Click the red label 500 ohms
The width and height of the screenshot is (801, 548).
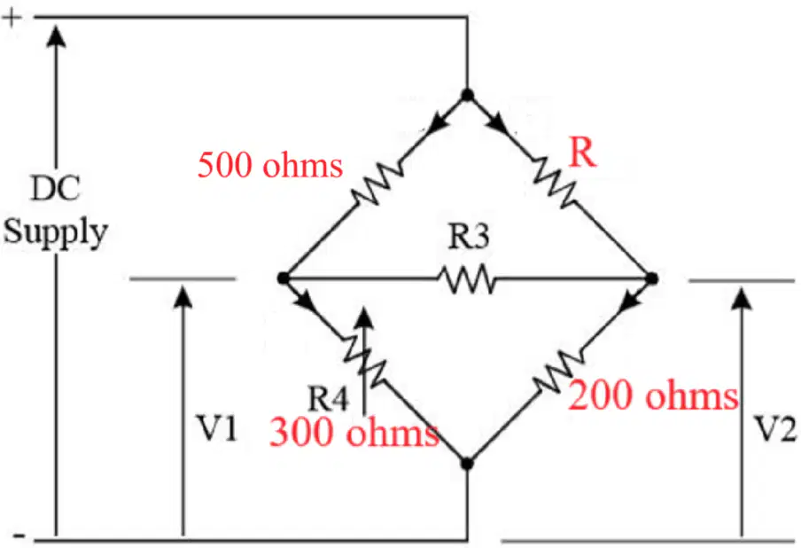pyautogui.click(x=269, y=165)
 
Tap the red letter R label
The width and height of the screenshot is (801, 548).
pyautogui.click(x=582, y=153)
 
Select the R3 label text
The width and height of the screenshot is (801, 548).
pyautogui.click(x=469, y=236)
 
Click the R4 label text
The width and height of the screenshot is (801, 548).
pyautogui.click(x=328, y=398)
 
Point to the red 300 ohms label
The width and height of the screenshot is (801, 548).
pyautogui.click(x=354, y=432)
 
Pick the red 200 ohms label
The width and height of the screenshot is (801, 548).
pyautogui.click(x=653, y=395)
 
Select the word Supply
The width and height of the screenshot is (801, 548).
pyautogui.click(x=56, y=232)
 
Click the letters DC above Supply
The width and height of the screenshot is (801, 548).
pyautogui.click(x=56, y=188)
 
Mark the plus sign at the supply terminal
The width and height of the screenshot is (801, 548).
pyautogui.click(x=12, y=18)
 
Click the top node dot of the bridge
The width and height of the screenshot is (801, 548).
pyautogui.click(x=467, y=95)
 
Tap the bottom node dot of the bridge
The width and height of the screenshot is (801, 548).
pyautogui.click(x=467, y=464)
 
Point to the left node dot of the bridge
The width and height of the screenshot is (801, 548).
pyautogui.click(x=283, y=278)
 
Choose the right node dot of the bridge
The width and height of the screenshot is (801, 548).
pyautogui.click(x=652, y=279)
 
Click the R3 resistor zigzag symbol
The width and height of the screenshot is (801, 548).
pyautogui.click(x=467, y=279)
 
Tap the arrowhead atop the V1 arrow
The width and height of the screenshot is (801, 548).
pyautogui.click(x=183, y=297)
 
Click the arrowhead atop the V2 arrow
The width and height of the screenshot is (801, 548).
pyautogui.click(x=742, y=298)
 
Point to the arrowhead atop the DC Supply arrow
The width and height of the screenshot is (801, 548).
pyautogui.click(x=56, y=36)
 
